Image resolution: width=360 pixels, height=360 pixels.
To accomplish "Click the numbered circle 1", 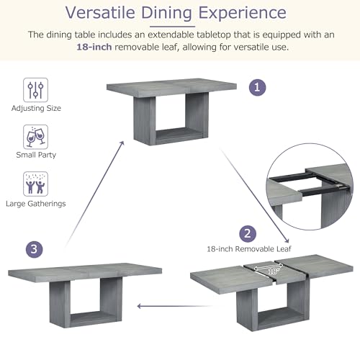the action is click(257, 87).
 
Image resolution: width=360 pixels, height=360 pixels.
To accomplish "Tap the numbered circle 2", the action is click(248, 234).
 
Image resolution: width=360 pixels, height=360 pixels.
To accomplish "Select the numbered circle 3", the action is click(35, 249).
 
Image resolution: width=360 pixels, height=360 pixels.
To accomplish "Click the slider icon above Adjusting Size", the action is click(35, 90).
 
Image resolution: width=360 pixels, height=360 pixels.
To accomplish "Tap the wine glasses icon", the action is click(35, 137).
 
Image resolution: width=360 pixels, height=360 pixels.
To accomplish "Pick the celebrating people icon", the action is click(35, 184).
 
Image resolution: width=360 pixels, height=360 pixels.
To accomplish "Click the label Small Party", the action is click(36, 155).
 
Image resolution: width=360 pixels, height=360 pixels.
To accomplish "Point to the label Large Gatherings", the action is click(36, 204).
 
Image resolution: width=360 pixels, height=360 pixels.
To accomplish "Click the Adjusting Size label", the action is click(36, 108).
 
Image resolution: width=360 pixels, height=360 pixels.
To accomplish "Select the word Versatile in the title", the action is click(100, 12).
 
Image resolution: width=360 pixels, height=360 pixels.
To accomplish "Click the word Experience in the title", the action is click(243, 13).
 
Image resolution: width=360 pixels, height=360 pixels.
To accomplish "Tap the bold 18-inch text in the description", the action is click(94, 47).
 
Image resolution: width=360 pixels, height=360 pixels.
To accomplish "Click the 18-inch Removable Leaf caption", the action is click(249, 249).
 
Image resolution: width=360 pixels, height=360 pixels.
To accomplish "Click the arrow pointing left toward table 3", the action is click(175, 306).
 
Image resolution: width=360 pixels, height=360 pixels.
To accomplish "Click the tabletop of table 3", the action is click(85, 271).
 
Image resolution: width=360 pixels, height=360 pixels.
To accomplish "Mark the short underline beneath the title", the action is click(172, 27).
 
